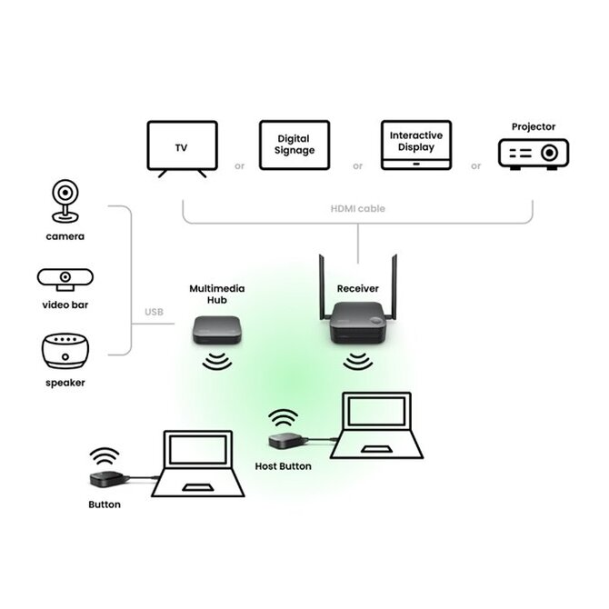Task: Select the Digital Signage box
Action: point(295,145)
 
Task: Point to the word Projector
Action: point(533,127)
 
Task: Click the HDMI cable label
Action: point(357,209)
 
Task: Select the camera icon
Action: point(65,202)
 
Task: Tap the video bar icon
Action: point(65,278)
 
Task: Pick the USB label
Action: point(154,314)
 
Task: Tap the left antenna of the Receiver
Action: point(321,282)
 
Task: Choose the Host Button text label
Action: point(284,466)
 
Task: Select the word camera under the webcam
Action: point(65,236)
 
